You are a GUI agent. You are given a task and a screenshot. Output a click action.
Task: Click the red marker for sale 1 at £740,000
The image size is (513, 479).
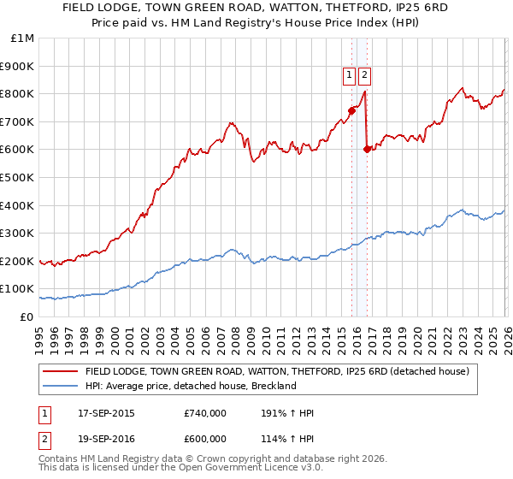pyautogui.click(x=351, y=109)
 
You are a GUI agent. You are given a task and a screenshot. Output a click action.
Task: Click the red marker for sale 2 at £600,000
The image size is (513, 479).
pyautogui.click(x=367, y=149)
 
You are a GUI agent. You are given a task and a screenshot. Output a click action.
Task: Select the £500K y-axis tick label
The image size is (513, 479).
pyautogui.click(x=19, y=177)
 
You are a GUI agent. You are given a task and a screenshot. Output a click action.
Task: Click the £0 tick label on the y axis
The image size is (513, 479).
pyautogui.click(x=27, y=316)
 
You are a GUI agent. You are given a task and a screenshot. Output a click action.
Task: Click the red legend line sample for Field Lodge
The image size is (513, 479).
pyautogui.click(x=59, y=372)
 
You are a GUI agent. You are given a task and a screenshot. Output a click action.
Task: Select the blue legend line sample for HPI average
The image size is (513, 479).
pyautogui.click(x=59, y=386)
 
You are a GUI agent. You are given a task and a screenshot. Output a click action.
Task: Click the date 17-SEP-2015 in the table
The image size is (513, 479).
pyautogui.click(x=106, y=413)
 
